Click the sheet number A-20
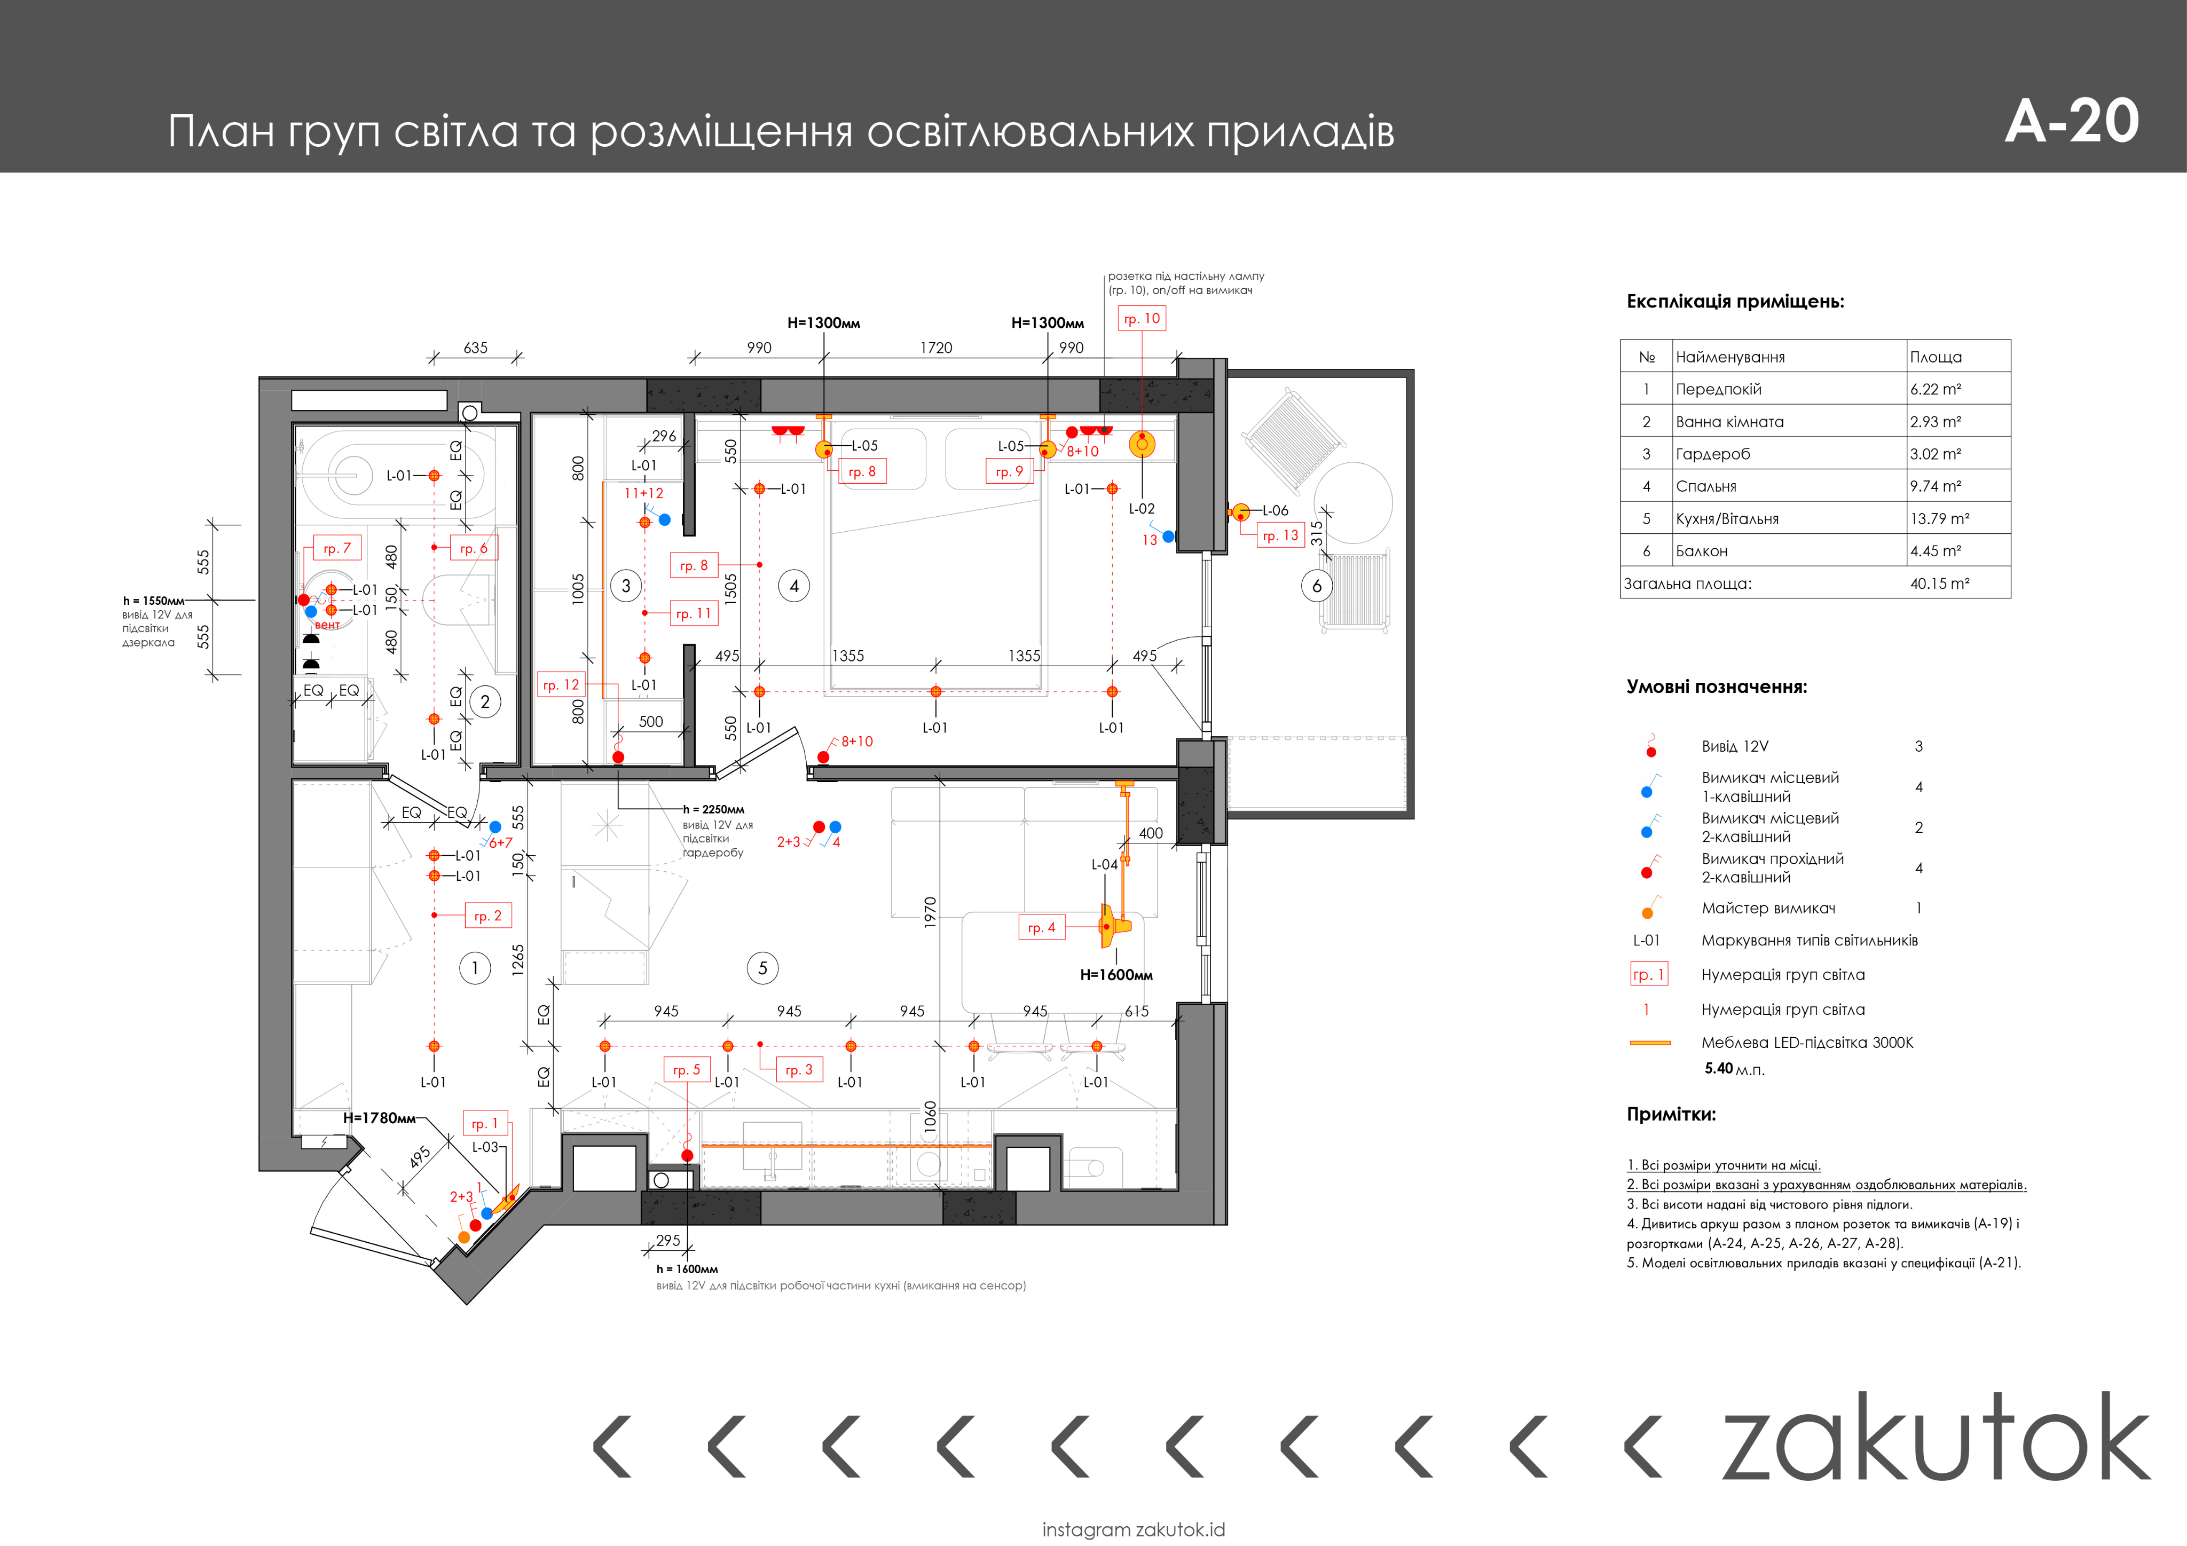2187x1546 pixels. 2072,121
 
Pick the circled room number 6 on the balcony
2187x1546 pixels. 1316,586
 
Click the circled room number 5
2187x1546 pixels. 762,968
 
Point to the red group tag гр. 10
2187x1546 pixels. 1141,318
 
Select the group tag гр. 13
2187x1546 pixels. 1279,535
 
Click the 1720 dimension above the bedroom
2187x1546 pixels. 935,348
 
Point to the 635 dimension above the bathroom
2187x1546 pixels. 475,348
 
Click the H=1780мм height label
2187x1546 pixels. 379,1117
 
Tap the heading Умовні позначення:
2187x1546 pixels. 1717,687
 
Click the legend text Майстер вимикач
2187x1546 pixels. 1768,908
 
